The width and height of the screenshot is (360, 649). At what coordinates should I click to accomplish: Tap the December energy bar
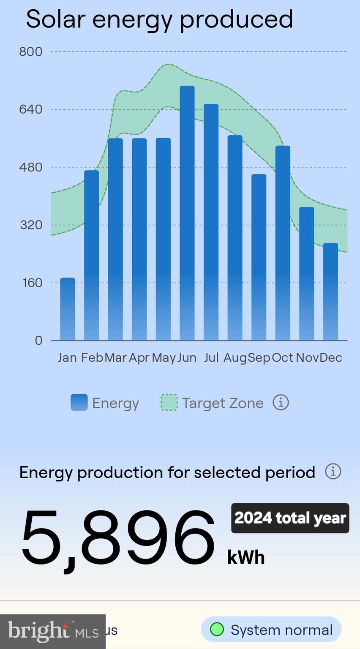tap(330, 292)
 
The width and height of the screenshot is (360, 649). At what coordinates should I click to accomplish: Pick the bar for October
tap(283, 243)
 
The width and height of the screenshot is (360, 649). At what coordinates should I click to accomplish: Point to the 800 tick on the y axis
tap(31, 52)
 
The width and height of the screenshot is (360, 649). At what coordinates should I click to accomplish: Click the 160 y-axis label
tap(33, 283)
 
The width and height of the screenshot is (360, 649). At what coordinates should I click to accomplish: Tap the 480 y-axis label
tap(31, 167)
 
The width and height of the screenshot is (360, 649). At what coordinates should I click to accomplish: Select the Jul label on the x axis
tap(211, 357)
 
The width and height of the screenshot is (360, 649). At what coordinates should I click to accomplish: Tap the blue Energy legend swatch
tap(79, 402)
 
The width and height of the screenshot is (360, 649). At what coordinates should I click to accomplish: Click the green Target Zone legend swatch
tap(169, 402)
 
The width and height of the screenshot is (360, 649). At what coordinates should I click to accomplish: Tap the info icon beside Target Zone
tap(281, 402)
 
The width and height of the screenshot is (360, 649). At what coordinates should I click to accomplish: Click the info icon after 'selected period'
tap(333, 471)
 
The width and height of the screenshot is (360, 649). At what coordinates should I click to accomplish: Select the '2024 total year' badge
tap(290, 518)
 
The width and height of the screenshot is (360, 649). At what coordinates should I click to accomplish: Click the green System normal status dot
tap(217, 629)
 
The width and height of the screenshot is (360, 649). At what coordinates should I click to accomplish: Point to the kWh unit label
tap(246, 557)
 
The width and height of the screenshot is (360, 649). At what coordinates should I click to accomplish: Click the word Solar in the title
tap(56, 19)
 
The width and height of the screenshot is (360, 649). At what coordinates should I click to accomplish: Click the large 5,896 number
tap(118, 537)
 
